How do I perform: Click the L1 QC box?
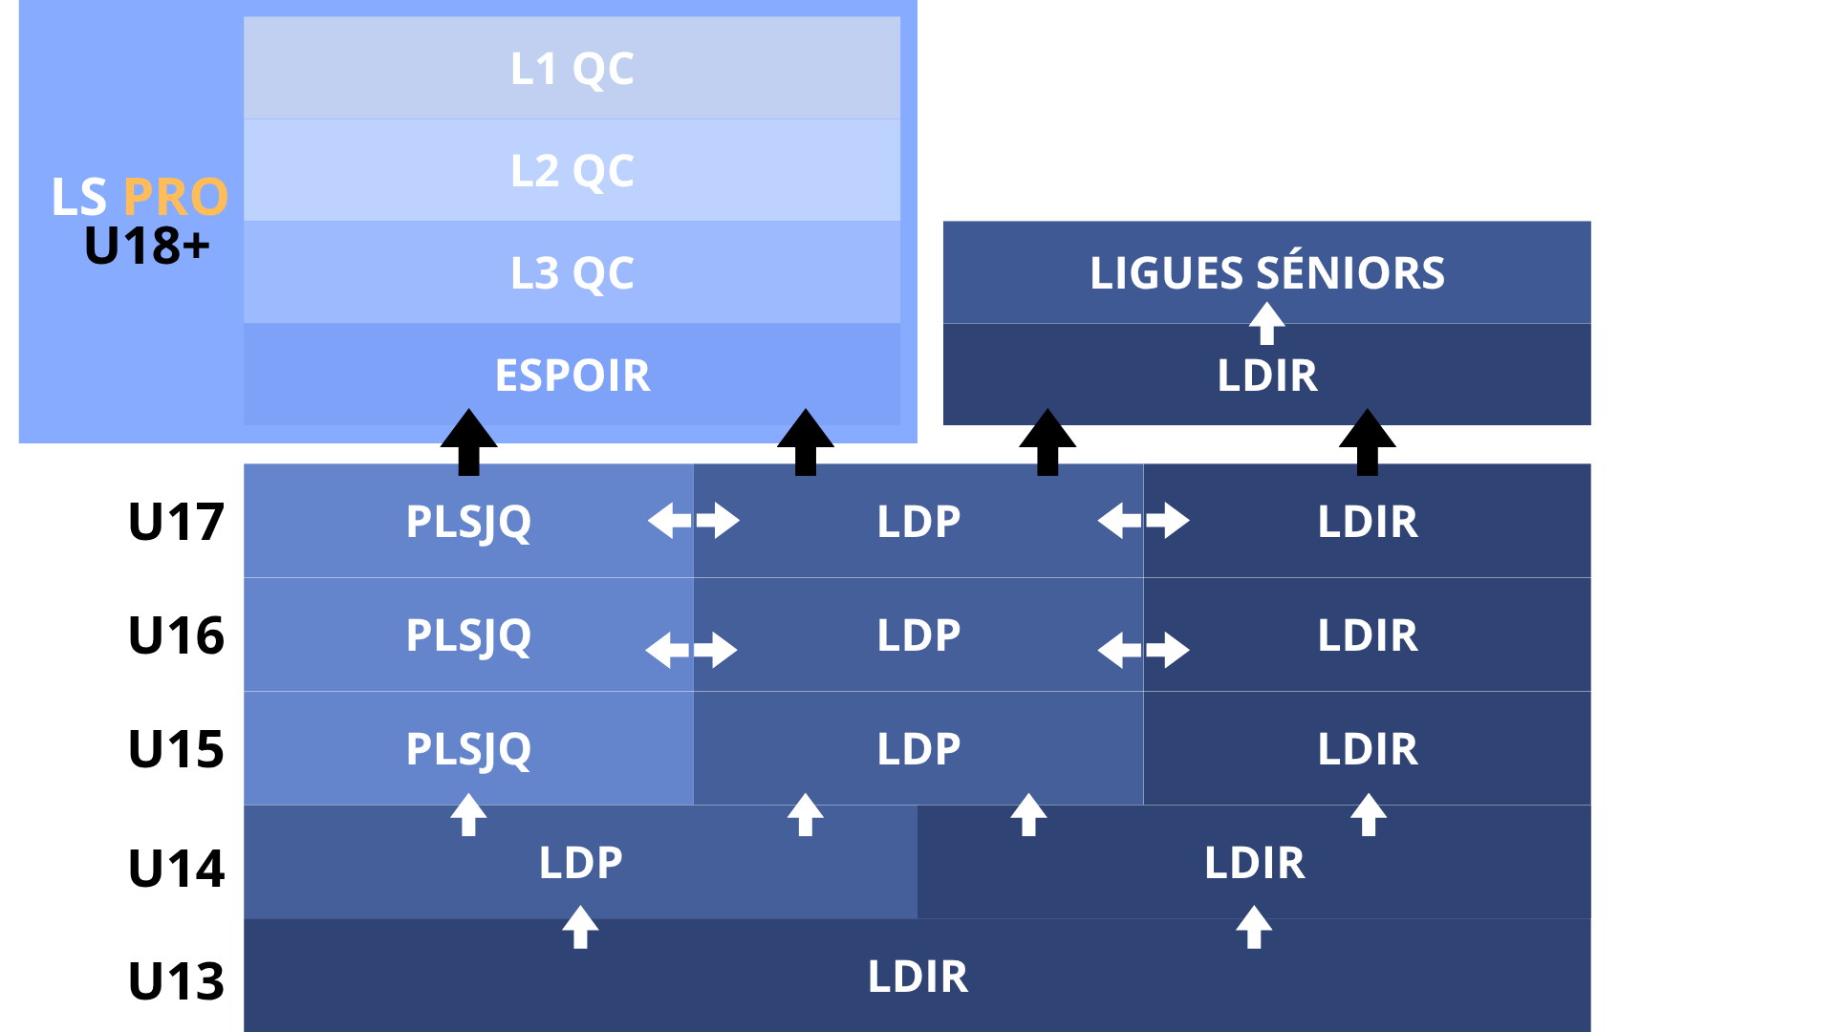click(572, 68)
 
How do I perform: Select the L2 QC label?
click(572, 171)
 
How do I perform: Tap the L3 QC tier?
click(572, 272)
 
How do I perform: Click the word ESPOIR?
click(572, 375)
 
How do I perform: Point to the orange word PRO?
click(176, 197)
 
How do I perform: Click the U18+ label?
click(146, 246)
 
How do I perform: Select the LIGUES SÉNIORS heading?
click(1267, 272)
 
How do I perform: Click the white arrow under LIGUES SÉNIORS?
click(1267, 323)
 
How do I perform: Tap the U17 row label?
click(176, 522)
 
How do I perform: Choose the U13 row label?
click(176, 981)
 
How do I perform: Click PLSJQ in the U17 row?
click(468, 523)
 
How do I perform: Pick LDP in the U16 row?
click(918, 635)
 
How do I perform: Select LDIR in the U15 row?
click(1368, 749)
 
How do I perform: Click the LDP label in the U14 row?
click(580, 863)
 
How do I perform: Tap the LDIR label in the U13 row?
click(917, 977)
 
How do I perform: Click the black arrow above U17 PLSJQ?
click(468, 442)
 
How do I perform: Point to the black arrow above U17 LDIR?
click(1368, 442)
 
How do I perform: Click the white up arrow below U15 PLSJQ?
click(468, 815)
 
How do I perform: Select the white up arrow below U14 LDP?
click(580, 928)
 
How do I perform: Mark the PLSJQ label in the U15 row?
click(468, 750)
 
